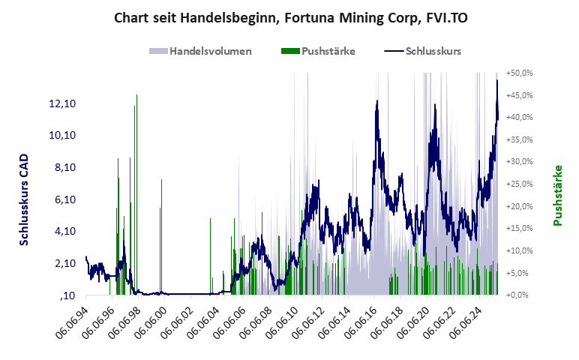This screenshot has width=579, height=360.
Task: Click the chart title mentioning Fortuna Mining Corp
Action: (x=289, y=16)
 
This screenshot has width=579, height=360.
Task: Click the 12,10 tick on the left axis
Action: (x=61, y=103)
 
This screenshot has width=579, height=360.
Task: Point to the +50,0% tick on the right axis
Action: (x=519, y=73)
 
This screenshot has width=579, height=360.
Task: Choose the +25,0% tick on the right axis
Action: (x=519, y=184)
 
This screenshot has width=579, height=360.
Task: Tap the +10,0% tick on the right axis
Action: (x=519, y=250)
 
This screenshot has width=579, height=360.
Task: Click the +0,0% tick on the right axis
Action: (x=520, y=295)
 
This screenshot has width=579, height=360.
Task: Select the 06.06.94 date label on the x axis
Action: (x=71, y=322)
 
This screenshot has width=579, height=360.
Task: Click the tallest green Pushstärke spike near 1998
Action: (x=136, y=96)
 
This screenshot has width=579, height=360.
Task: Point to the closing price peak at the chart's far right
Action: (x=496, y=80)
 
